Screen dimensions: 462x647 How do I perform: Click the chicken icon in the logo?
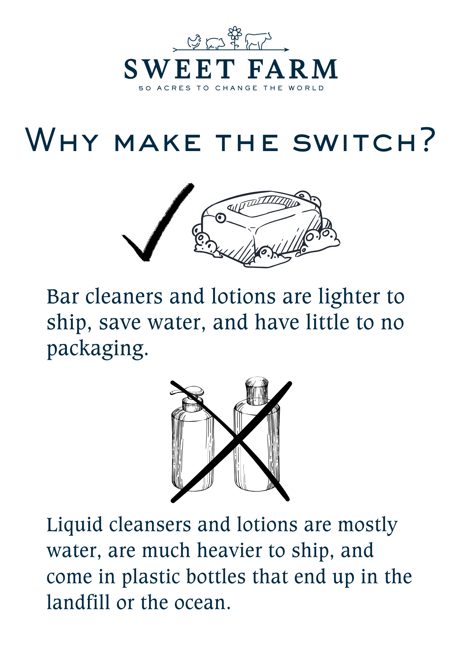coord(194,42)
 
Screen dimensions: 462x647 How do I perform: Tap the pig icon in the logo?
coord(215,43)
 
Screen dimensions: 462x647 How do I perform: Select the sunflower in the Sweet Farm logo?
coord(235,38)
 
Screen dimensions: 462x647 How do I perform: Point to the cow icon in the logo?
coord(258,41)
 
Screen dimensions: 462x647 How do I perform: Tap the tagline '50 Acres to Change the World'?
coord(231,88)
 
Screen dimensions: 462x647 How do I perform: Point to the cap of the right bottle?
coord(257,391)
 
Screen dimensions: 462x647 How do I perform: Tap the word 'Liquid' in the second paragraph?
coord(75,526)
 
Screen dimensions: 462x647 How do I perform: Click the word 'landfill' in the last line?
coord(78,602)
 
